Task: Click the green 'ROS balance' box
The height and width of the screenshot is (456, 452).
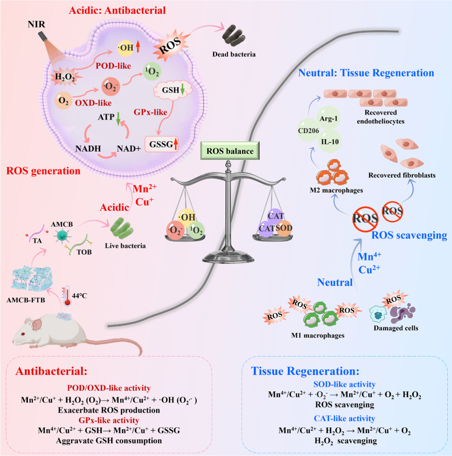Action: [230, 151]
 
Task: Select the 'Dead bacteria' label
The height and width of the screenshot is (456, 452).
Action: [234, 54]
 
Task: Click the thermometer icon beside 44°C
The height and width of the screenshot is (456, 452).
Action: [66, 296]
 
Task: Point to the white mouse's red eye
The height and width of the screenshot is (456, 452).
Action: [23, 334]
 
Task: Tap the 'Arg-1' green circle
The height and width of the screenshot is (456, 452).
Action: [328, 118]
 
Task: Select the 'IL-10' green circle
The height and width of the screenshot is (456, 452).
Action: [330, 142]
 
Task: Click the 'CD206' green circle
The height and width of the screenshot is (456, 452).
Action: [308, 131]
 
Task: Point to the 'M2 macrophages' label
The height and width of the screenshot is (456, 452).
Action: [336, 190]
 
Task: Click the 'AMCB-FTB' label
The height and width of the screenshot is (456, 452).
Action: [26, 300]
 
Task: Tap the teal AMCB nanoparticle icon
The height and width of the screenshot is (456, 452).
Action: [61, 236]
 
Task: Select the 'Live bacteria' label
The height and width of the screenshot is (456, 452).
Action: [125, 245]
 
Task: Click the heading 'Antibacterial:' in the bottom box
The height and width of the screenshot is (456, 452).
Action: [51, 371]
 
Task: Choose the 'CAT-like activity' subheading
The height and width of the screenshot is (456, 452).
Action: [344, 418]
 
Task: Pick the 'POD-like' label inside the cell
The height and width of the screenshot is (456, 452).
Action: [113, 66]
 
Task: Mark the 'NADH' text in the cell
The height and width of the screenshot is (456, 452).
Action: [88, 149]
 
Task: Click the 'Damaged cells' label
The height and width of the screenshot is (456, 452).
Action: [396, 328]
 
